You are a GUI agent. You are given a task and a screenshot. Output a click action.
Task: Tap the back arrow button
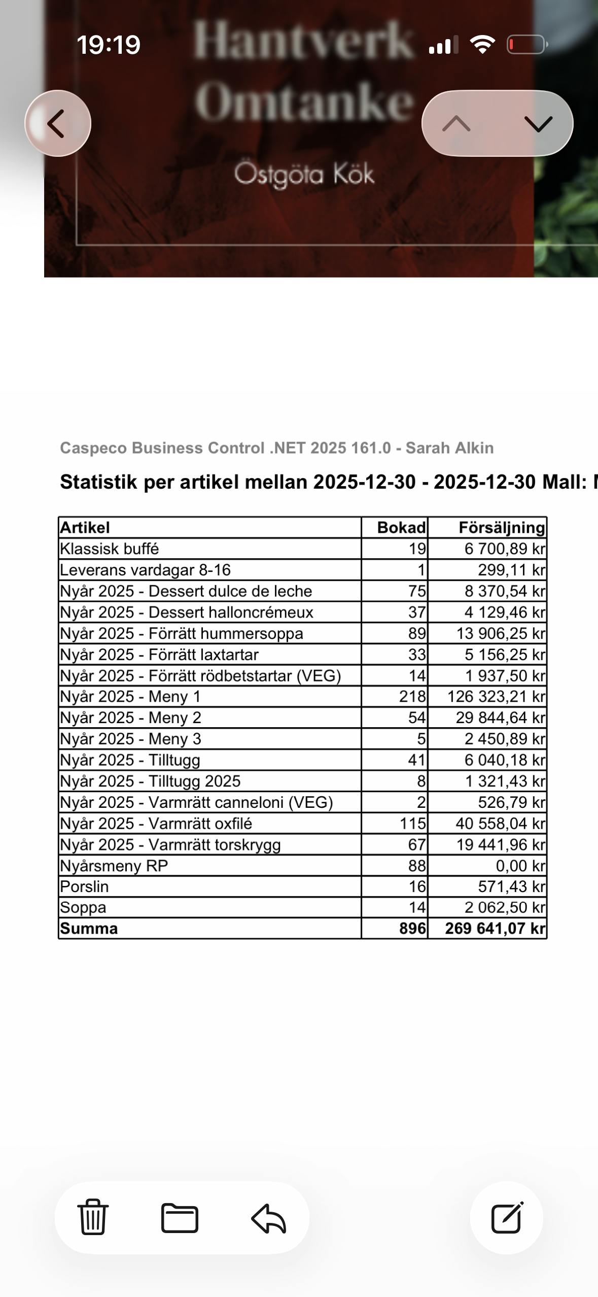coord(57,123)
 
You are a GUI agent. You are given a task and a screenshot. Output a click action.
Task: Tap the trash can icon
coord(93,1217)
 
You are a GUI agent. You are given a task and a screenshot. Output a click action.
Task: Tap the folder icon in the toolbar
coord(180,1217)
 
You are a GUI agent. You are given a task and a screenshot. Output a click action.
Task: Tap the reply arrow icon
coord(269,1218)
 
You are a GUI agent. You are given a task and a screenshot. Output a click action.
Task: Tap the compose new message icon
coord(507,1217)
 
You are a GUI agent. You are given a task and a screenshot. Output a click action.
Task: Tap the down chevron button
coord(538,123)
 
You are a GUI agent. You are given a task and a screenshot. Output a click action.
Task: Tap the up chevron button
coord(456,123)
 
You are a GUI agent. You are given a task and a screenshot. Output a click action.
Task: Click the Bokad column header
coord(401,528)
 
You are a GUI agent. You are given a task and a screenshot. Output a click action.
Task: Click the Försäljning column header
coord(501,528)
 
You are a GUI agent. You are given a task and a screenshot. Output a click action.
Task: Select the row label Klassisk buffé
coord(110,549)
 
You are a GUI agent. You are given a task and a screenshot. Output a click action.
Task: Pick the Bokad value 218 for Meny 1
coord(412,697)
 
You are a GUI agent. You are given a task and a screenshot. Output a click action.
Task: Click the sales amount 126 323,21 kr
coord(496,697)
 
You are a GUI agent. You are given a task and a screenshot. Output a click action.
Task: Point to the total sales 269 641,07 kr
coord(495,929)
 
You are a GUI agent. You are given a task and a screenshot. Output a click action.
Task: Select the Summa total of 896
coord(412,929)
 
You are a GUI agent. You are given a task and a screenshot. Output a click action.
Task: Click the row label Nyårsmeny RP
coord(114,866)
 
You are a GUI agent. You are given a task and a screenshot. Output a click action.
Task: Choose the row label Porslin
coord(84,886)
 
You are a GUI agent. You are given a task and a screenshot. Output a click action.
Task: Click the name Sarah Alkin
coord(449,448)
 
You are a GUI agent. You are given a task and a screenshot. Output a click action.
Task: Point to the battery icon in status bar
coord(526,45)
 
